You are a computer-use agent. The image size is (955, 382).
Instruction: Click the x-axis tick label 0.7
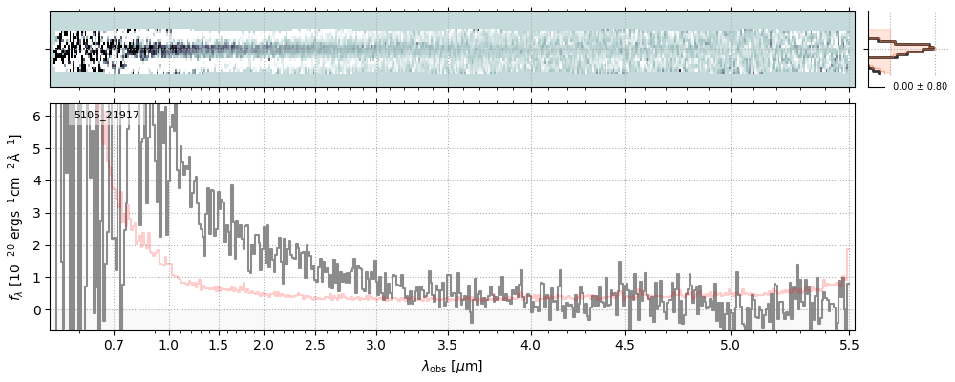pos(114,344)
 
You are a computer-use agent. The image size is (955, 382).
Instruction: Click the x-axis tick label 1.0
pos(169,344)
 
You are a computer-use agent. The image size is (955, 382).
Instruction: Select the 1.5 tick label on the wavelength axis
pos(218,344)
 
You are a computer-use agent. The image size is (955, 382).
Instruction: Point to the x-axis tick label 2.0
pos(264,344)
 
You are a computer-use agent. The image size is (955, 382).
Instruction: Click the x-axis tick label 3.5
pos(447,344)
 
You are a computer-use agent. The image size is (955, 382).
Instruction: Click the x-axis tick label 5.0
pos(730,344)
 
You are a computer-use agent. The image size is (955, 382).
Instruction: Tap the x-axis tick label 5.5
pos(846,344)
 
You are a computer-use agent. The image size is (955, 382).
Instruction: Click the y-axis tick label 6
pos(37,117)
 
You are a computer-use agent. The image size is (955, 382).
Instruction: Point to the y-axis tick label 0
pos(37,310)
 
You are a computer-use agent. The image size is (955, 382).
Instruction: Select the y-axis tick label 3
pos(37,213)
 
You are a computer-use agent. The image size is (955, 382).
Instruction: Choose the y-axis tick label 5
pos(37,149)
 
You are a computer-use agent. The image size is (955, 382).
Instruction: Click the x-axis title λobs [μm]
pos(452,366)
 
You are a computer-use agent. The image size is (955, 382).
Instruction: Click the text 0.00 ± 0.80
pos(920,87)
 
